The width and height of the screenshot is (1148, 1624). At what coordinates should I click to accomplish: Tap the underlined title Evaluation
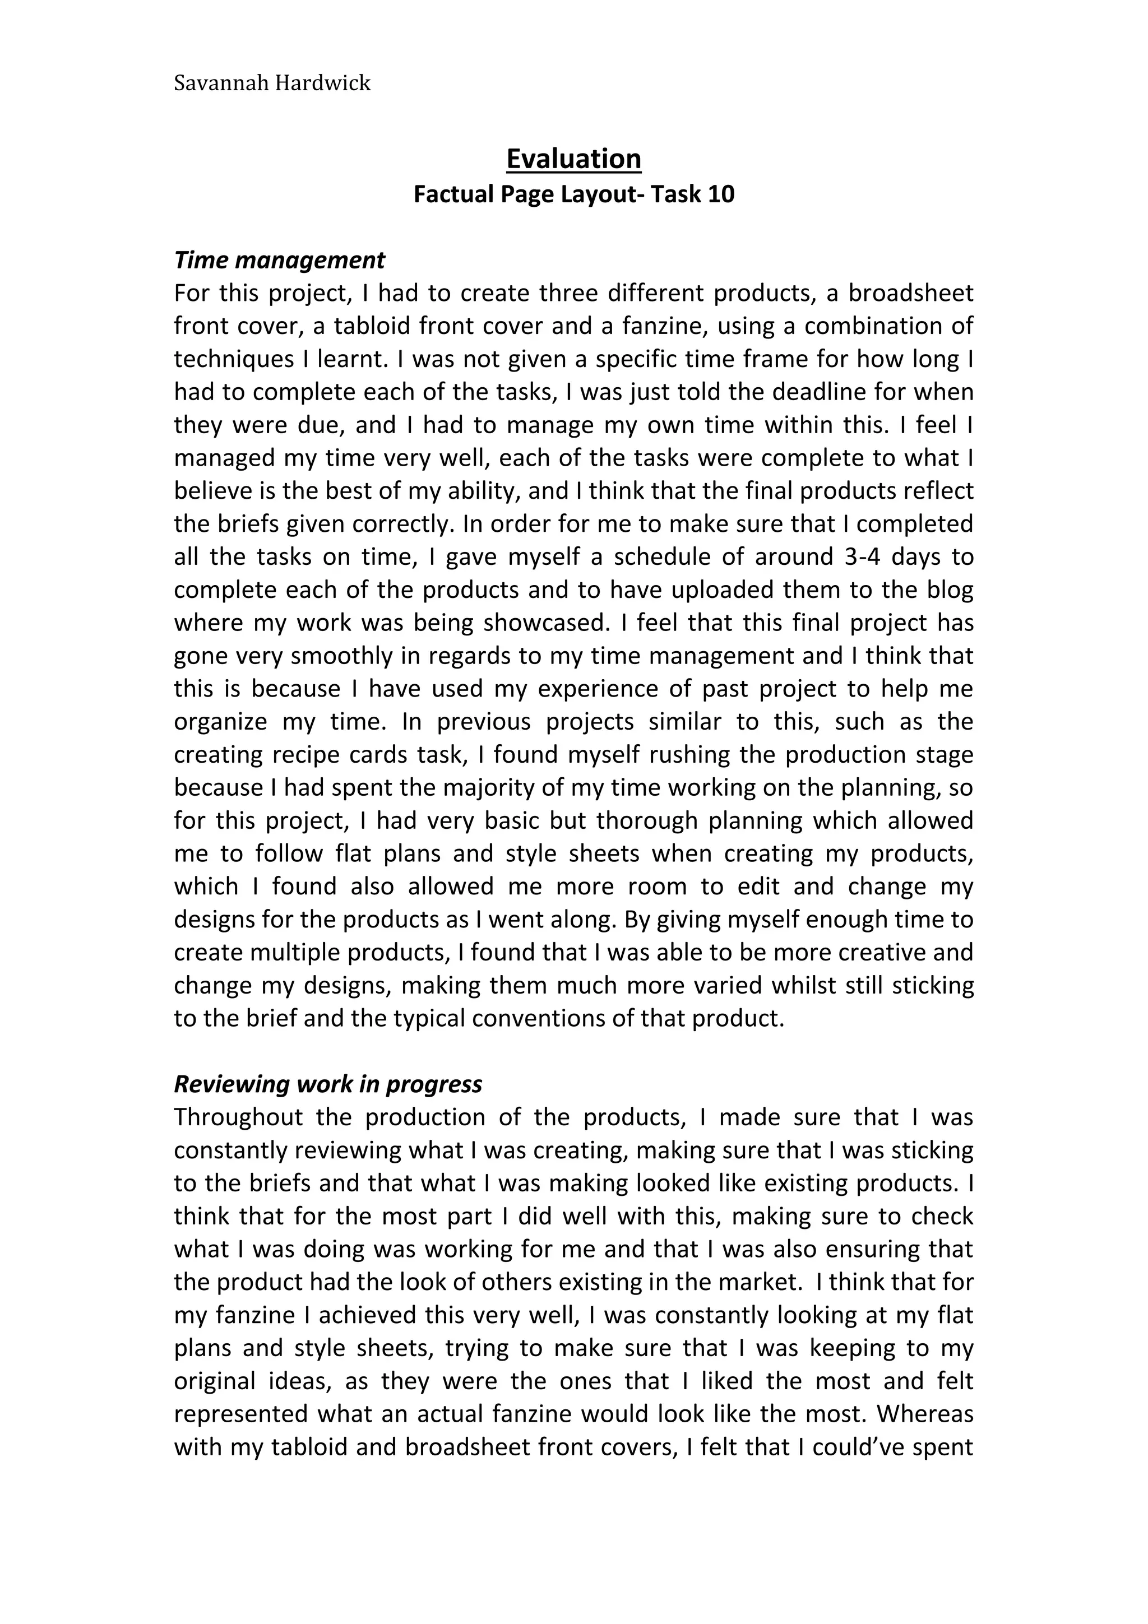[573, 159]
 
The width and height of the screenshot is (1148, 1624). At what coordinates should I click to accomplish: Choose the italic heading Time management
[279, 260]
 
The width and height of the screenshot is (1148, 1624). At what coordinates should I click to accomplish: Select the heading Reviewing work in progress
[328, 1084]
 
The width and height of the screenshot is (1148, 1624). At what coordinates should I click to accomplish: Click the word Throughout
[238, 1117]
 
